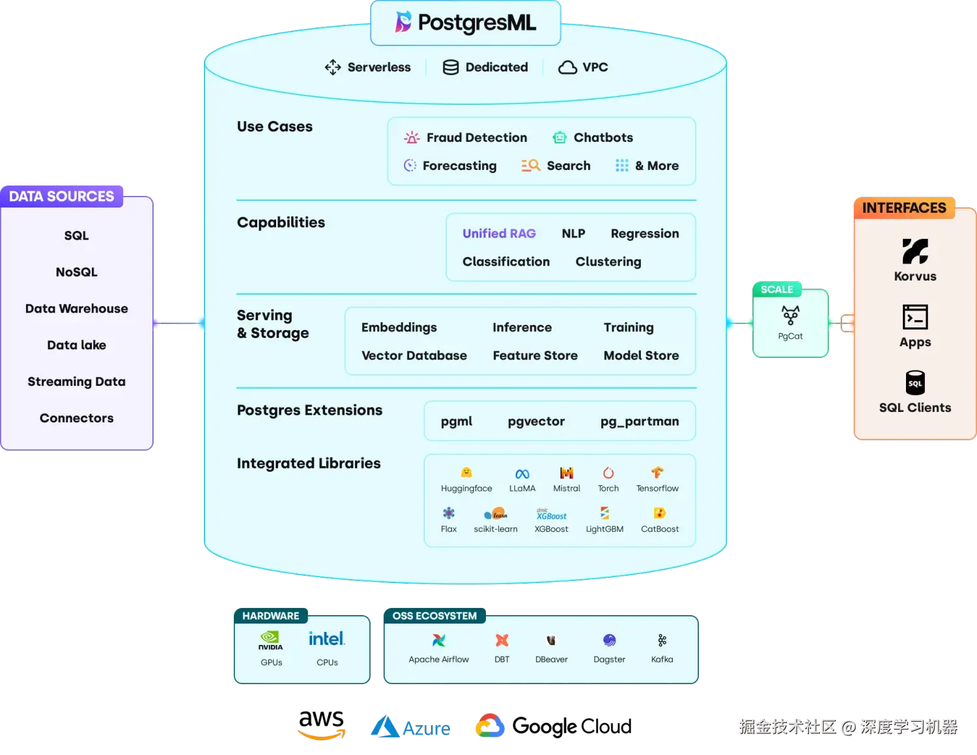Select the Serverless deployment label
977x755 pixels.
pyautogui.click(x=378, y=67)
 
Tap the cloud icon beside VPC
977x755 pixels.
pyautogui.click(x=567, y=68)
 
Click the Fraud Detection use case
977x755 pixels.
pyautogui.click(x=476, y=137)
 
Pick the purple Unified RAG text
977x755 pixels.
pyautogui.click(x=499, y=234)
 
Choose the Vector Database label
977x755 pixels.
pyautogui.click(x=414, y=355)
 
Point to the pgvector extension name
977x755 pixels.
pyautogui.click(x=536, y=421)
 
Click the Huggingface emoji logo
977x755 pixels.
pyautogui.click(x=466, y=473)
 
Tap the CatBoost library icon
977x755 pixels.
pyautogui.click(x=659, y=513)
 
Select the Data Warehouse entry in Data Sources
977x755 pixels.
pyautogui.click(x=76, y=309)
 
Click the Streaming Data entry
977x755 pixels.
pyautogui.click(x=76, y=381)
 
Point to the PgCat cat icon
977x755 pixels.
pyautogui.click(x=790, y=316)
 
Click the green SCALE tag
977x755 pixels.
pyautogui.click(x=776, y=290)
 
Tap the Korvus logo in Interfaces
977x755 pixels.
pyautogui.click(x=914, y=251)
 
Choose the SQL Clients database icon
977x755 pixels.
pyautogui.click(x=914, y=383)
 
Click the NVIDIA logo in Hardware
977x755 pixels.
pyautogui.click(x=270, y=639)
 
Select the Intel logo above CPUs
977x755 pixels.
pyautogui.click(x=326, y=639)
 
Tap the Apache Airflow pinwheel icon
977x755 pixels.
pyautogui.click(x=438, y=640)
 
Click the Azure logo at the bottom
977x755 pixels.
pyautogui.click(x=411, y=727)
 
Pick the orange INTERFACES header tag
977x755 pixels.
pyautogui.click(x=903, y=208)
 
